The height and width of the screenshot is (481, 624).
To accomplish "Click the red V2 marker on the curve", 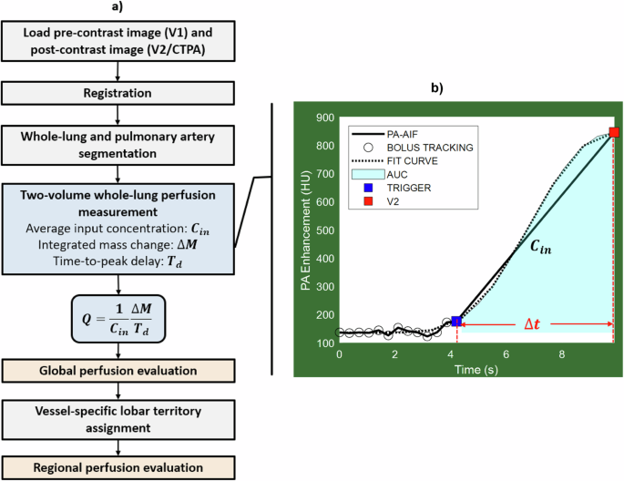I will pos(614,133).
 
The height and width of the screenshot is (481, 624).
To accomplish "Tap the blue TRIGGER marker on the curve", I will pos(456,322).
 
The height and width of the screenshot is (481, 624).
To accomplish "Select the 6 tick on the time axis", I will pos(506,353).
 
